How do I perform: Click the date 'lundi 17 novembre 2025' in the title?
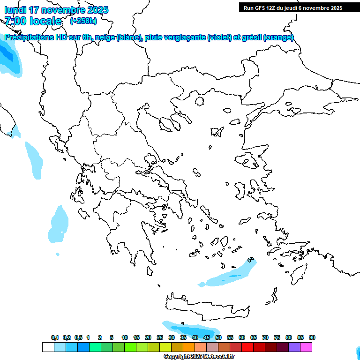click(x=56, y=10)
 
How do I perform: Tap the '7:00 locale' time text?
click(x=33, y=21)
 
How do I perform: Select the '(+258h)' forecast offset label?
click(x=83, y=21)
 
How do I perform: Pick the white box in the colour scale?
click(x=48, y=347)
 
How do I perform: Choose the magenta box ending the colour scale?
click(x=306, y=347)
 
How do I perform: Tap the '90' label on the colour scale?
click(x=312, y=337)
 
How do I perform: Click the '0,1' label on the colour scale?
click(x=55, y=337)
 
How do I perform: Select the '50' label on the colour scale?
click(x=218, y=337)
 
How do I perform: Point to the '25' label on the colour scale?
click(x=160, y=337)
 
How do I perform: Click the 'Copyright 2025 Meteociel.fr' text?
click(x=199, y=357)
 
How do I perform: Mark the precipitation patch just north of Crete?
click(x=230, y=276)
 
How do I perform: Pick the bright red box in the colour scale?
click(x=247, y=347)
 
